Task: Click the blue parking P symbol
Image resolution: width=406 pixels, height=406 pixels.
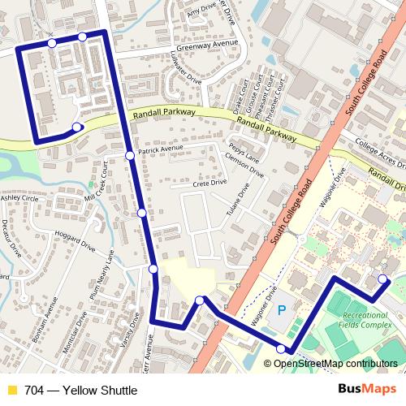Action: pyautogui.click(x=283, y=310)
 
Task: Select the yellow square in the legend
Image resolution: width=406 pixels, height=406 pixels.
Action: pyautogui.click(x=11, y=391)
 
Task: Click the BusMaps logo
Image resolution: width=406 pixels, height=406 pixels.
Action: pyautogui.click(x=368, y=390)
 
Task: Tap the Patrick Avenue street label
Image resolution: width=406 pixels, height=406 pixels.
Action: pyautogui.click(x=161, y=149)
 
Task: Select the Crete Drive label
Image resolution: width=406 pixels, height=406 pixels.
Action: pyautogui.click(x=209, y=184)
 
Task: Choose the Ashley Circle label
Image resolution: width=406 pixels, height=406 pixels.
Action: pyautogui.click(x=19, y=198)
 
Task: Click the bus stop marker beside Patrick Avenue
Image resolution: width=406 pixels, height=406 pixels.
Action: pyautogui.click(x=130, y=155)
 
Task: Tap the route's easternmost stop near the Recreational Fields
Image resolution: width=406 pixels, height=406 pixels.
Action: pyautogui.click(x=382, y=280)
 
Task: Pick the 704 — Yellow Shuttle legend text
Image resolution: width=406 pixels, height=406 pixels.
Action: pyautogui.click(x=80, y=391)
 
